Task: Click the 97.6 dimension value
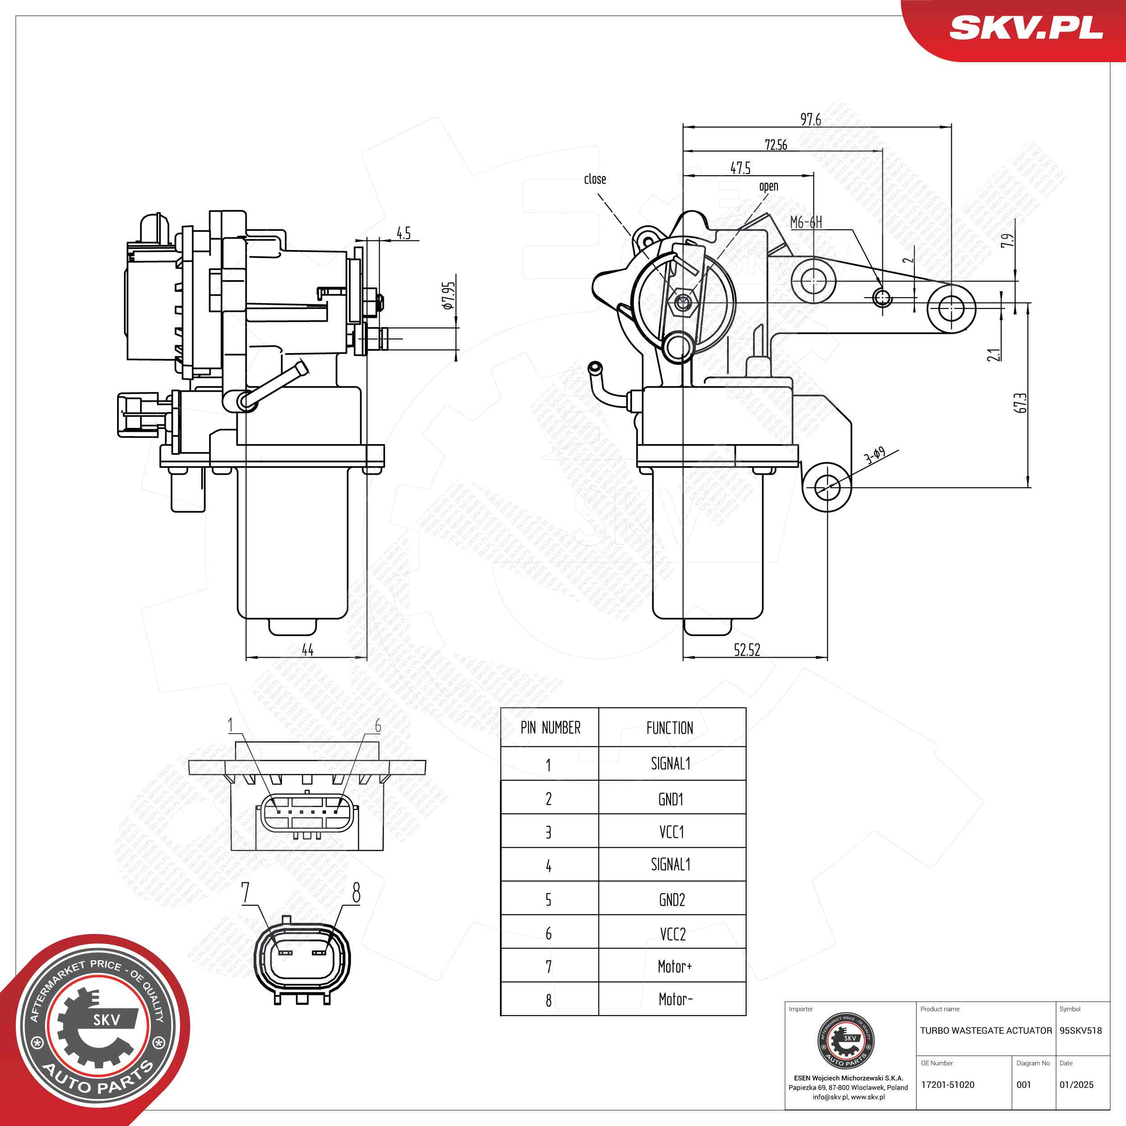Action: click(810, 119)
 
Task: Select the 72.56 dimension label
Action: click(776, 145)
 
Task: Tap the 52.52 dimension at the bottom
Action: click(747, 650)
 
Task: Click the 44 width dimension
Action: click(307, 649)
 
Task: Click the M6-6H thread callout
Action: click(806, 222)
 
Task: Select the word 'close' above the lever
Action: click(595, 179)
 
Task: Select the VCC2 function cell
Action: click(672, 934)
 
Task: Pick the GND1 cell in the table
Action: click(671, 799)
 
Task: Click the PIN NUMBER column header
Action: click(550, 728)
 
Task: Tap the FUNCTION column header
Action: click(670, 728)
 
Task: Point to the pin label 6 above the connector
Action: click(378, 726)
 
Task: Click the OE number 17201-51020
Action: click(948, 1085)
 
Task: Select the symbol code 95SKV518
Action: click(1081, 1031)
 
